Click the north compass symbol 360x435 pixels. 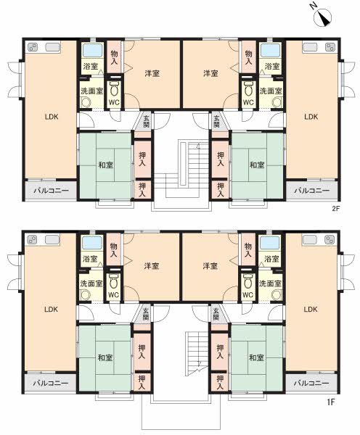[322, 17]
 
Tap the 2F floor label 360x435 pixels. [336, 210]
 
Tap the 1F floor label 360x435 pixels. [330, 402]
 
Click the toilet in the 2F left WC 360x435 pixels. [114, 88]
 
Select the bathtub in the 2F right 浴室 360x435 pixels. [270, 51]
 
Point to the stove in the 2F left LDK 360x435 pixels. [33, 47]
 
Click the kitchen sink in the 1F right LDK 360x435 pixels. [310, 240]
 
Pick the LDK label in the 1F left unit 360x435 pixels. [52, 309]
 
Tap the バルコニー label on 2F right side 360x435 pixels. [311, 191]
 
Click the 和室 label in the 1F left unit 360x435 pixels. [105, 357]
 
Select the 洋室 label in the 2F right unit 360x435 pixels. [210, 73]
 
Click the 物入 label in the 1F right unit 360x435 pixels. [248, 249]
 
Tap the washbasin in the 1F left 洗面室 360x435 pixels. [86, 295]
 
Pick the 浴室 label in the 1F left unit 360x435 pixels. [90, 259]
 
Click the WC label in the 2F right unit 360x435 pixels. [248, 102]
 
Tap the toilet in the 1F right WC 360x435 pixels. [247, 281]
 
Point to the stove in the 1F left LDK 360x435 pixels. [33, 240]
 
